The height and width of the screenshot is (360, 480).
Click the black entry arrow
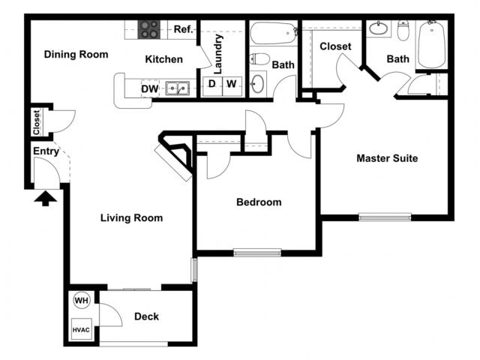point(46,198)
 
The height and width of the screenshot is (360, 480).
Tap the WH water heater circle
point(81,301)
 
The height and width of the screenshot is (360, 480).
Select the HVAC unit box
point(81,328)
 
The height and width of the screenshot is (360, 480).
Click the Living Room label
point(132,218)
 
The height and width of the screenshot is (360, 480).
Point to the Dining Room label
point(76,54)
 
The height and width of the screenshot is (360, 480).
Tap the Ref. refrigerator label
point(184,29)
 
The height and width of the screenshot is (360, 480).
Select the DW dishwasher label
point(150,88)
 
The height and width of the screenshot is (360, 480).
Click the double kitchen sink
point(178,88)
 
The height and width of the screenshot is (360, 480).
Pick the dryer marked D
point(211,84)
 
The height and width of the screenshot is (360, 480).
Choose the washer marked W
point(232,84)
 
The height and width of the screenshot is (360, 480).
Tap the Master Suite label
point(387,158)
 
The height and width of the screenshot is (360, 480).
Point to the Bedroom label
point(259,202)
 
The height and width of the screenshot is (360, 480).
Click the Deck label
point(146,316)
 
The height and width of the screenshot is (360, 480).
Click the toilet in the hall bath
point(259,59)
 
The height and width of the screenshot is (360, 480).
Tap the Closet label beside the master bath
point(335,46)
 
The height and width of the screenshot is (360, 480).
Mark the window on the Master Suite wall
point(385,217)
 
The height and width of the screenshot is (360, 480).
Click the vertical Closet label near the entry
point(36,123)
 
